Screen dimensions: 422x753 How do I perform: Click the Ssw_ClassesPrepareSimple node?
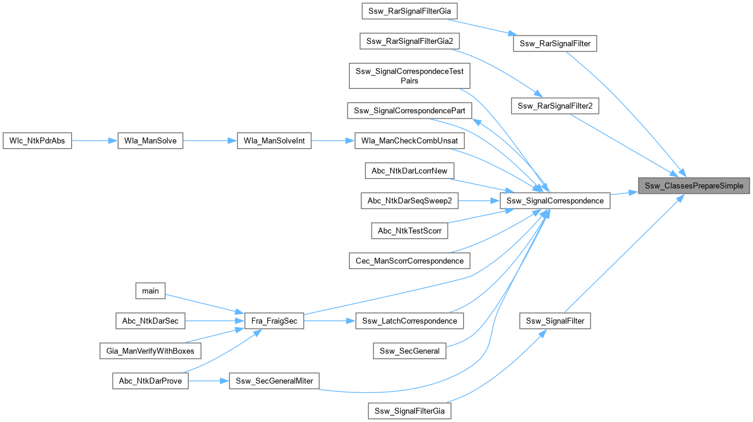(693, 186)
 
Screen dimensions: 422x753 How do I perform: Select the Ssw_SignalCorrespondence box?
(555, 201)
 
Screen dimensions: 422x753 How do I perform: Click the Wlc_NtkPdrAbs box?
(37, 141)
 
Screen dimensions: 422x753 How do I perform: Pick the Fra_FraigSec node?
(275, 321)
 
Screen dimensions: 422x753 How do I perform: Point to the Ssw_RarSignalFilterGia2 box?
(410, 41)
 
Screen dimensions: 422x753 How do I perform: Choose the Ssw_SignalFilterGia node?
(410, 411)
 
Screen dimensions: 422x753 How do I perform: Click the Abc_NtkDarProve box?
(151, 381)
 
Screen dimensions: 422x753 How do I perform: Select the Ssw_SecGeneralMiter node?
(274, 381)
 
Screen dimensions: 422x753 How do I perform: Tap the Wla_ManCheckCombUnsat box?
(409, 141)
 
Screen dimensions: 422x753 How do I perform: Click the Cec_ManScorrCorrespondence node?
(410, 261)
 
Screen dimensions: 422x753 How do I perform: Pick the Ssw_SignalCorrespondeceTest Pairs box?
(410, 76)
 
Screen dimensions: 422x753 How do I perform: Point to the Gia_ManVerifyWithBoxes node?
(151, 351)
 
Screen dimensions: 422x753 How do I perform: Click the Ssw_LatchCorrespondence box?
(410, 321)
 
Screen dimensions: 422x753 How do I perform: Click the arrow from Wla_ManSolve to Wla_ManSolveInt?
(210, 141)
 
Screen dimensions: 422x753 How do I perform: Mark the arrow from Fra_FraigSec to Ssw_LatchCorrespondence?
(329, 321)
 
